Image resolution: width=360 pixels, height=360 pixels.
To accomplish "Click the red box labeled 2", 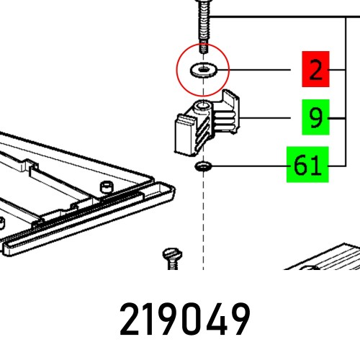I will point(315,71).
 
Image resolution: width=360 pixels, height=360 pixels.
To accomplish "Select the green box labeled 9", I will point(315,118).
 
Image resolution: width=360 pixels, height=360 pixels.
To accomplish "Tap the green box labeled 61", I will point(307,166).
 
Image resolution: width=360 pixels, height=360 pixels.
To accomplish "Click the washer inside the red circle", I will point(203,71).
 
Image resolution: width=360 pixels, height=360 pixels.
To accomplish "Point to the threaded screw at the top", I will point(204,25).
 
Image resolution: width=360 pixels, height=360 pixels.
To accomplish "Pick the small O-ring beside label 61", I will point(203,168).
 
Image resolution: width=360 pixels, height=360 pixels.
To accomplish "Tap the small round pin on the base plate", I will point(106,188).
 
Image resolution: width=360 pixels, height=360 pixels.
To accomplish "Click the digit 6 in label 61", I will point(299,166).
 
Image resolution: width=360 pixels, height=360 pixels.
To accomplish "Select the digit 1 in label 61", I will point(315,166).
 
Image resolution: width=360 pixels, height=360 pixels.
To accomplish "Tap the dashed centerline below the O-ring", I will point(204,216).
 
